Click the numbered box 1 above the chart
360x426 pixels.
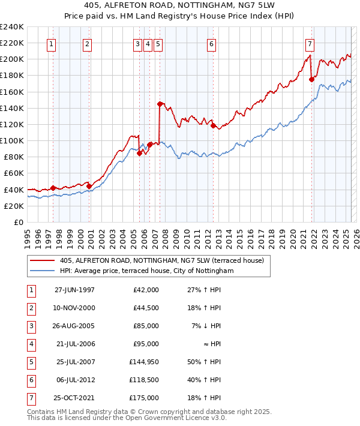click(52, 43)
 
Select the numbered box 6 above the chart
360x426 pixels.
click(212, 43)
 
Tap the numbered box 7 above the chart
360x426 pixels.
click(310, 43)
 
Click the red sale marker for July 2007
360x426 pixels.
click(160, 104)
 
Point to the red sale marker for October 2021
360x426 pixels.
click(311, 79)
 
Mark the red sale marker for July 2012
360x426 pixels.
click(212, 125)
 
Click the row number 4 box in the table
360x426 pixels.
click(29, 344)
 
